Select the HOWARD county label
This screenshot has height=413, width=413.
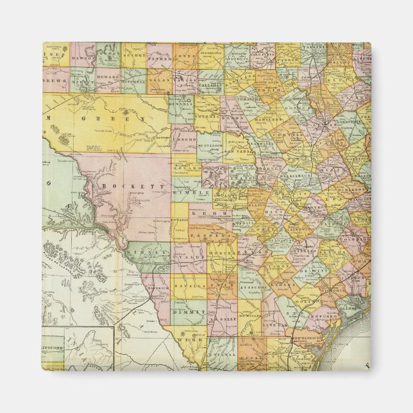point(108,73)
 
